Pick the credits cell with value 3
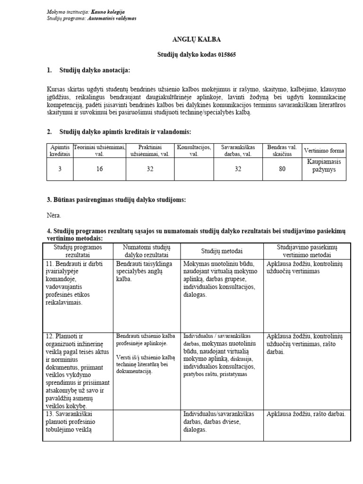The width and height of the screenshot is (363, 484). pyautogui.click(x=60, y=169)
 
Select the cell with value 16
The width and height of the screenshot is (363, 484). pyautogui.click(x=99, y=169)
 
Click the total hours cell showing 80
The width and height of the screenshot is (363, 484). pyautogui.click(x=282, y=169)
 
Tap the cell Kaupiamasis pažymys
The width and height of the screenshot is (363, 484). pyautogui.click(x=324, y=165)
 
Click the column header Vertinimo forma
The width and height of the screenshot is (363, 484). pyautogui.click(x=324, y=151)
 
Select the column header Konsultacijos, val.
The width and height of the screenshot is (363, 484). pyautogui.click(x=194, y=151)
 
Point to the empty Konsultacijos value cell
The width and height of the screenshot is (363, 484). pyautogui.click(x=194, y=169)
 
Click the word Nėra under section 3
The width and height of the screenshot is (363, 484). pyautogui.click(x=54, y=215)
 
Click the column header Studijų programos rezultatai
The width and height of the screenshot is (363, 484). pyautogui.click(x=77, y=251)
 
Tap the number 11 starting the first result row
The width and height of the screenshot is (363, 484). pyautogui.click(x=50, y=264)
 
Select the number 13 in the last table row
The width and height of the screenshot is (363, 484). pyautogui.click(x=50, y=414)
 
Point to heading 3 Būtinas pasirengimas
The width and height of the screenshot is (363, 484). pyautogui.click(x=116, y=200)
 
